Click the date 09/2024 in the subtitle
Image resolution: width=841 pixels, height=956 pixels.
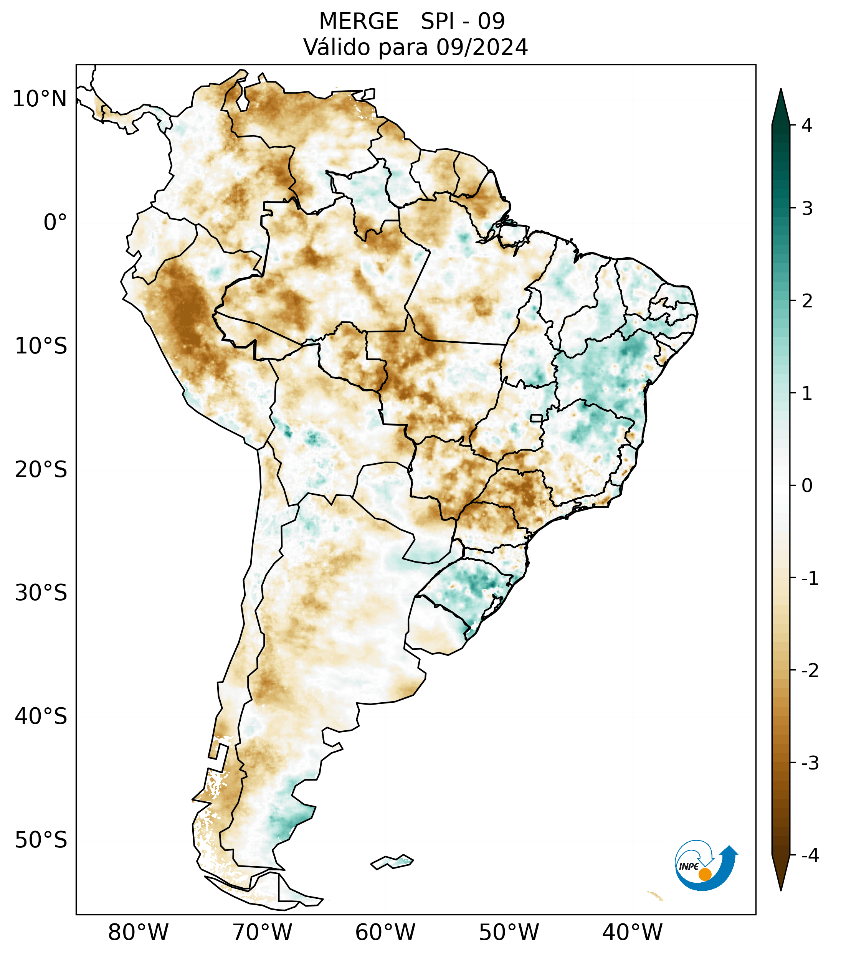[x=482, y=47]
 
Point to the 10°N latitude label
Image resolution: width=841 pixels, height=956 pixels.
[x=39, y=99]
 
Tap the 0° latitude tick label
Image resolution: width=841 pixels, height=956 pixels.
[x=55, y=223]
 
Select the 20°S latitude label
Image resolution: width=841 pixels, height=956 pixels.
[x=41, y=470]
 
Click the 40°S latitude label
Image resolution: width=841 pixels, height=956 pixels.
[x=41, y=717]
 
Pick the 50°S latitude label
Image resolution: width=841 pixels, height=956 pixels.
[x=41, y=840]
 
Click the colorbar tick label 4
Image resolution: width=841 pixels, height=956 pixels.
[x=807, y=125]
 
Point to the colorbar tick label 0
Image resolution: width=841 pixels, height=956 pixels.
[x=807, y=486]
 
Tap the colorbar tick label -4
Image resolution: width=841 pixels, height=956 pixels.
[x=810, y=855]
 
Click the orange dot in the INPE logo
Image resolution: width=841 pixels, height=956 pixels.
[x=704, y=874]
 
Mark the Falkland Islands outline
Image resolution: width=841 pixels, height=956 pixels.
[x=392, y=862]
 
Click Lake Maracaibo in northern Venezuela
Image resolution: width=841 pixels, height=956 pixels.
[x=242, y=99]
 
